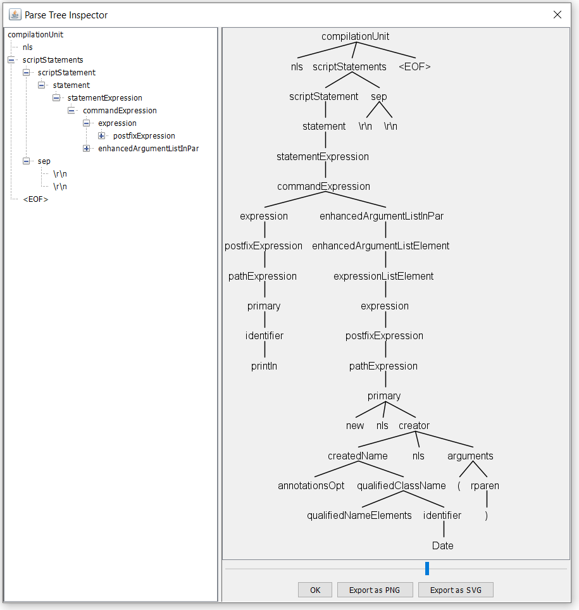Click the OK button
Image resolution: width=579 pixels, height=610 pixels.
315,590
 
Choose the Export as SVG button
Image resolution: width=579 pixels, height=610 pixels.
455,590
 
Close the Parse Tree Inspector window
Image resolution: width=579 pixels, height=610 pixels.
557,15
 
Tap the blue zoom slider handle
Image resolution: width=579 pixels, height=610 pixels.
427,568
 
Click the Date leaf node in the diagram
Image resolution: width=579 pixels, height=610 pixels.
442,545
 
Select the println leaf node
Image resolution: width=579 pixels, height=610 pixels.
264,366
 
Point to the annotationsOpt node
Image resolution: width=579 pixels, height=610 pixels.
311,486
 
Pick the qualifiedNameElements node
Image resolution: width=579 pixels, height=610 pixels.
359,515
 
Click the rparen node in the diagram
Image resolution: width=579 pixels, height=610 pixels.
485,486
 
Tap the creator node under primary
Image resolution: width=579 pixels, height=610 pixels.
414,426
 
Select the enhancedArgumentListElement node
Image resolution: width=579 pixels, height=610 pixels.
381,246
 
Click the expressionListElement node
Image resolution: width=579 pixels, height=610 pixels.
383,276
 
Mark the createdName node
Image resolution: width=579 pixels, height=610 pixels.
358,456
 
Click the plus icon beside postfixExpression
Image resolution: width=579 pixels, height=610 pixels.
101,136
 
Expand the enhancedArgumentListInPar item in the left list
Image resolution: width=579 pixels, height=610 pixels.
86,149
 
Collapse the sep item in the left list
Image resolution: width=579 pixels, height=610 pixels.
26,161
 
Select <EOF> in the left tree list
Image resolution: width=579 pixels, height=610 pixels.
35,199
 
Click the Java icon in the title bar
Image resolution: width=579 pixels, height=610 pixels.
15,15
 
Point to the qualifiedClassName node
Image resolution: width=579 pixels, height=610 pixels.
401,486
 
